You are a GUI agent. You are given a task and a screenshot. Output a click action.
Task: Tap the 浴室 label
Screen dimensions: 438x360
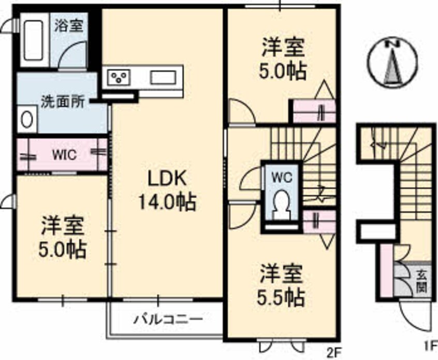(x=69, y=26)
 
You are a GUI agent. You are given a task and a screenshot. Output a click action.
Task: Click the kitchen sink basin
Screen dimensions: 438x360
(x=163, y=77)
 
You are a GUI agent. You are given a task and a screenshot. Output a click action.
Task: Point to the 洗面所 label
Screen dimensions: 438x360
(x=63, y=102)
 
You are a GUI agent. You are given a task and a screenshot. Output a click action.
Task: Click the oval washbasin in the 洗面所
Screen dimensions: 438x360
(x=27, y=119)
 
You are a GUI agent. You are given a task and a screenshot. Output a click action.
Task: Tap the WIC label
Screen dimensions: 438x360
(x=65, y=154)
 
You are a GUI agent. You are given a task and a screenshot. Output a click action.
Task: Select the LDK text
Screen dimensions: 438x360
(x=167, y=179)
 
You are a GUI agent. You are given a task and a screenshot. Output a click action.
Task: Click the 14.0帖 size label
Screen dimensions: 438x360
(x=167, y=202)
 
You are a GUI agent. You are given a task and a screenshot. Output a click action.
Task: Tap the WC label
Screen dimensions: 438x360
(x=282, y=177)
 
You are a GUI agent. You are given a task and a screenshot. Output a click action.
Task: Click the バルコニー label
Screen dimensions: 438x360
(x=168, y=319)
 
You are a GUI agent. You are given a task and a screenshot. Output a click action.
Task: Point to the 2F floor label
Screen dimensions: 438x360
(x=333, y=350)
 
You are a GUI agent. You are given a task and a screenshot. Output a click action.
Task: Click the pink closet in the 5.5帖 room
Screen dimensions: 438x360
(x=319, y=222)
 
